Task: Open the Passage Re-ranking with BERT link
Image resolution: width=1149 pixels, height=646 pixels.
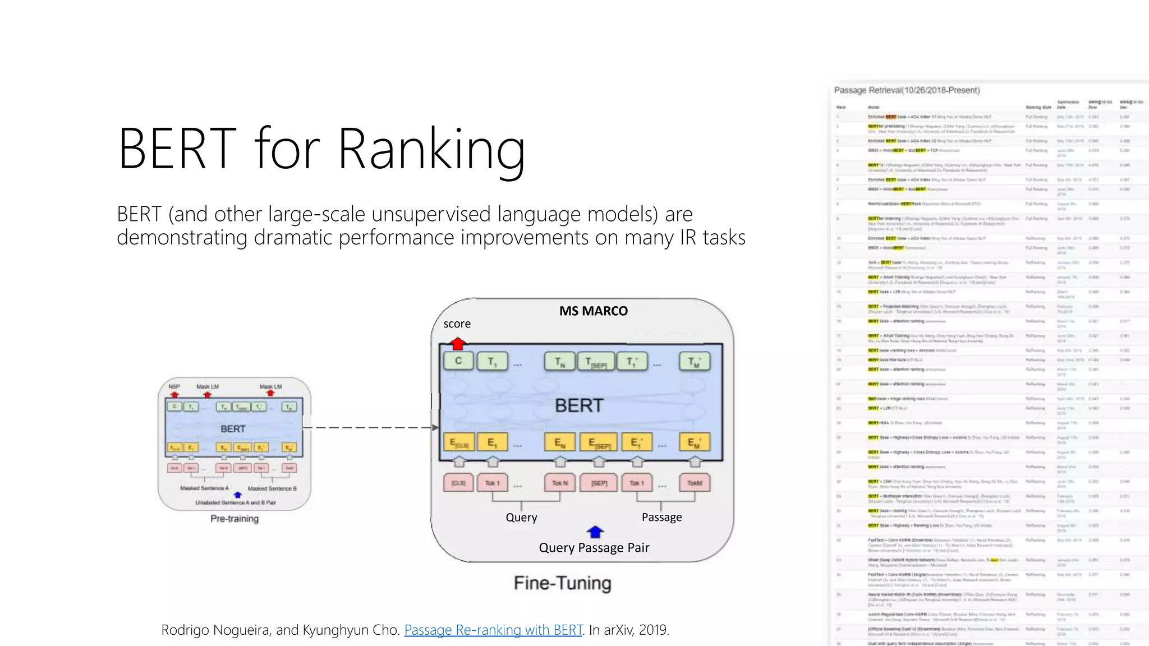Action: [493, 630]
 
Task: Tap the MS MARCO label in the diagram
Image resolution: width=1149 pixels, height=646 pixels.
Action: [593, 311]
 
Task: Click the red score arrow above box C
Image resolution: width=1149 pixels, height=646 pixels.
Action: [458, 343]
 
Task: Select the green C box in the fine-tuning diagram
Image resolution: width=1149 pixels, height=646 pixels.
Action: [458, 361]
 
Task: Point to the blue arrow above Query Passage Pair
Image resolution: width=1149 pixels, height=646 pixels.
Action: [595, 531]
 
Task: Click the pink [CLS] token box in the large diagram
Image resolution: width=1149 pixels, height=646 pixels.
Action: [458, 483]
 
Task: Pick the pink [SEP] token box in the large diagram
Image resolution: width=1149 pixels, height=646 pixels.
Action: [599, 483]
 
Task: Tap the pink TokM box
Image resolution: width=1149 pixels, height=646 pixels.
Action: [695, 483]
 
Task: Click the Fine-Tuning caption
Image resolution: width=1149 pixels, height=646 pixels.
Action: [562, 583]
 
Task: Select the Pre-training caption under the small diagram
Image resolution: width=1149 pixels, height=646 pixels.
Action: [235, 519]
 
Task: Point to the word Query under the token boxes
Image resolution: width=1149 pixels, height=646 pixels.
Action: [521, 517]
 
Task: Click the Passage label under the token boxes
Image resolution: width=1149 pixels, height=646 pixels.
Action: [661, 517]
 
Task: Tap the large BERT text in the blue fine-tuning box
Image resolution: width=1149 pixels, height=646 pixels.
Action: [579, 405]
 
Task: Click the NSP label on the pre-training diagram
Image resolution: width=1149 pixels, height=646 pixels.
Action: [174, 386]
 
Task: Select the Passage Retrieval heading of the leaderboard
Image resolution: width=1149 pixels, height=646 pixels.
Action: [907, 90]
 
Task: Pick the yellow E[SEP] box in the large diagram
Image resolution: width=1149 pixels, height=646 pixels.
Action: [599, 442]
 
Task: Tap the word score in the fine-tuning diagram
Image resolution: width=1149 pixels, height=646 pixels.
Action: [457, 324]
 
